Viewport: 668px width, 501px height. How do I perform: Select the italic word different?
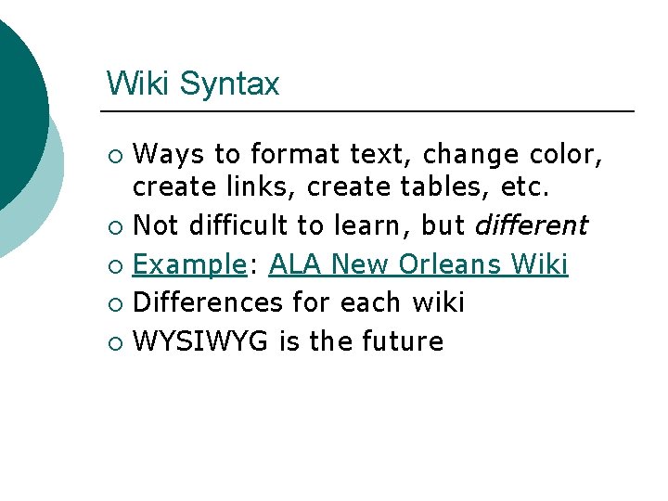(531, 225)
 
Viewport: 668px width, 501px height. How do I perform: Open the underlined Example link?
(187, 264)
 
